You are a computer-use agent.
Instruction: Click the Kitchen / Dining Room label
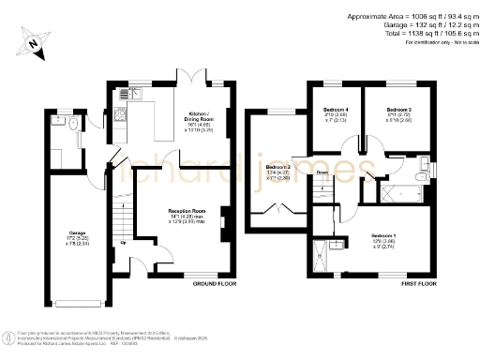coord(200,113)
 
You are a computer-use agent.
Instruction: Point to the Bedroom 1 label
coord(384,234)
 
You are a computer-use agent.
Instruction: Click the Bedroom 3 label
coord(398,110)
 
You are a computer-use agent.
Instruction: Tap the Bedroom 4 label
coord(336,110)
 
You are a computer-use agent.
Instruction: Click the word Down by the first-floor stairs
coord(321,172)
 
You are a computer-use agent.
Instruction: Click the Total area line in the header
coord(412,32)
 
